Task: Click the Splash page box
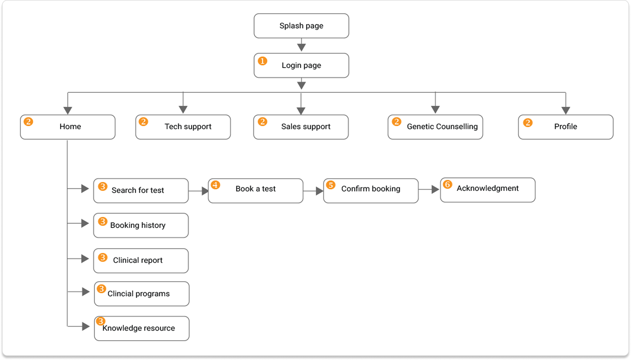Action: (301, 26)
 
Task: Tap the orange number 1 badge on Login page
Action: (262, 61)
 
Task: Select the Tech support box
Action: (183, 127)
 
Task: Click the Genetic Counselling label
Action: (442, 127)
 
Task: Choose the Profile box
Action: (565, 127)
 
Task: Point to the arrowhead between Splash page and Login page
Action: (301, 47)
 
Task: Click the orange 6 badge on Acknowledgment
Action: (447, 184)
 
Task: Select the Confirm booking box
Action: (371, 191)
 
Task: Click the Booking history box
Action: (141, 225)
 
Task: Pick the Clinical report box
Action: (141, 261)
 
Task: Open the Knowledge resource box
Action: (141, 328)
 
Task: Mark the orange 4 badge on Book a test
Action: (215, 185)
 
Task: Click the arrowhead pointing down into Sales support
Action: (301, 111)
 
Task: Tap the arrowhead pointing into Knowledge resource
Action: (86, 326)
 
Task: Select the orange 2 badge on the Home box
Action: (28, 122)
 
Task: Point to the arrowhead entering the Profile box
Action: (565, 110)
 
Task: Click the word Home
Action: (70, 127)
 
